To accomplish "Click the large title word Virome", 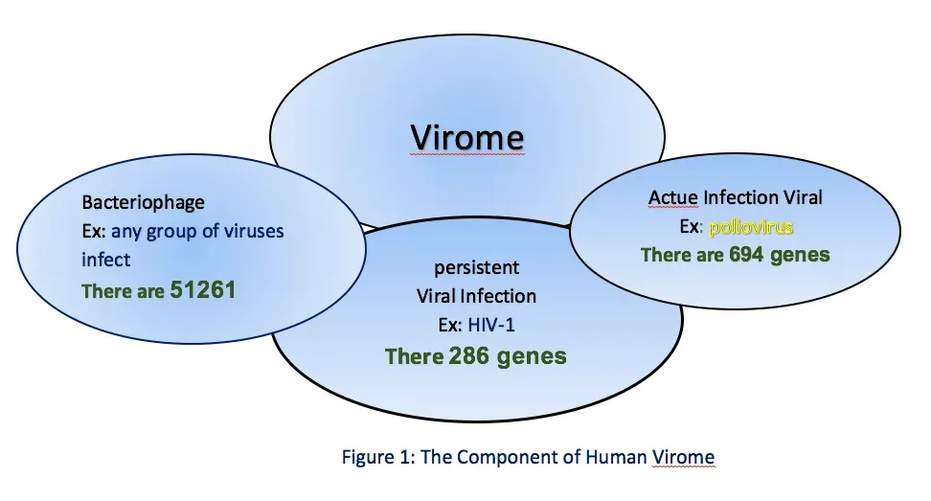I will [x=467, y=137].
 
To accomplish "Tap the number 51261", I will [x=202, y=290].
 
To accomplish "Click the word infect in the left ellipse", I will [x=105, y=259].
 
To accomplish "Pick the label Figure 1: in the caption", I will [x=375, y=457].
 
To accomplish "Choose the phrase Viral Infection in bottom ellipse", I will [x=475, y=296].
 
